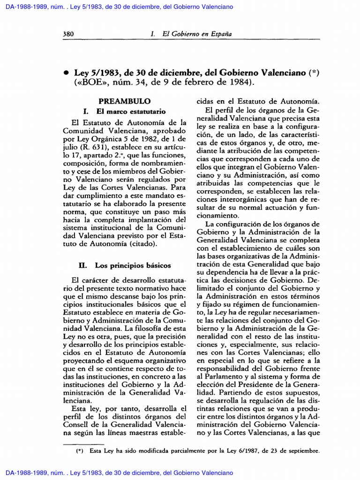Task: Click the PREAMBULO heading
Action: click(124, 101)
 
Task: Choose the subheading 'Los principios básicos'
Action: click(133, 265)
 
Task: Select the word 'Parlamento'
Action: click(220, 376)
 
